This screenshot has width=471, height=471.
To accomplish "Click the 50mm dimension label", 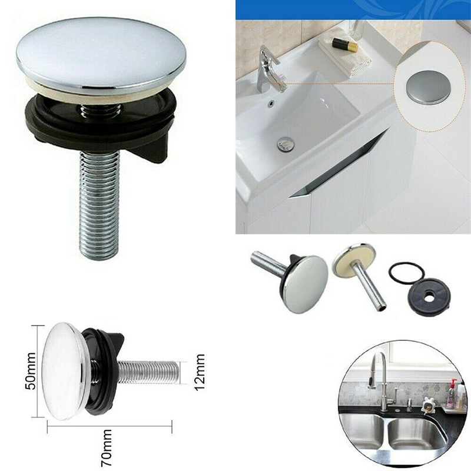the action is (x=31, y=372).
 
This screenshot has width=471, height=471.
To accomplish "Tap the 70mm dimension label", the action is (x=107, y=447).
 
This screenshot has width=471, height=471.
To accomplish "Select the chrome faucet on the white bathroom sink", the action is (x=271, y=69).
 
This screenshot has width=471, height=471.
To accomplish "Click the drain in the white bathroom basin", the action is (x=286, y=144).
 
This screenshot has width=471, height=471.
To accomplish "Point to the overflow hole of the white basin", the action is (x=271, y=102).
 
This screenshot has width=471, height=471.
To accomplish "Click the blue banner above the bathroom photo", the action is (x=353, y=9).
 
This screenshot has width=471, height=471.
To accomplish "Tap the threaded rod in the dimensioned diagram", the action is (x=149, y=372).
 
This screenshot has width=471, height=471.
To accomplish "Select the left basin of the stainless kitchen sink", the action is (x=363, y=431).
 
